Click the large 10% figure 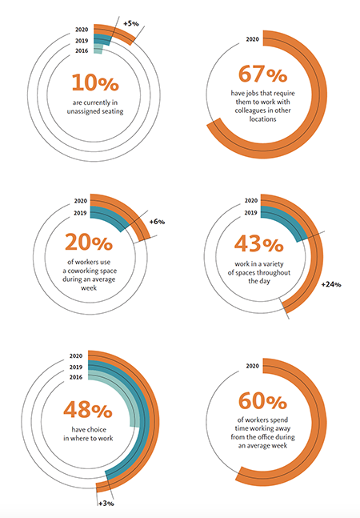tap(95, 82)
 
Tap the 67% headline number tap(262, 74)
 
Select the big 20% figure tap(89, 242)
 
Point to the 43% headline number tap(259, 244)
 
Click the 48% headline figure tap(88, 409)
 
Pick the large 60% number tap(262, 401)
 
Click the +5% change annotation tap(131, 24)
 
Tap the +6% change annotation tap(157, 222)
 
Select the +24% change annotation tap(331, 284)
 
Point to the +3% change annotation tap(106, 504)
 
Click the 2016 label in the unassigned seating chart tap(82, 51)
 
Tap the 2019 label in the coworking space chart tap(80, 213)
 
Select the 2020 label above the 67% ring tap(253, 39)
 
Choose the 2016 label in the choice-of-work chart tap(76, 377)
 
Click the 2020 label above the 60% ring tap(253, 366)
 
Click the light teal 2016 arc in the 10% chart tap(98, 49)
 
